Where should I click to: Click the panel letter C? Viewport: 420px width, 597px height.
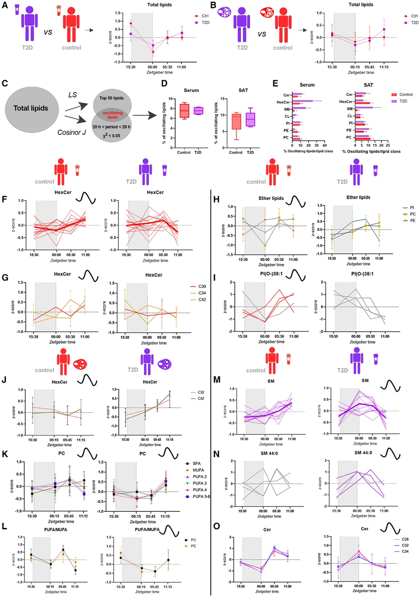(x=5, y=82)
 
